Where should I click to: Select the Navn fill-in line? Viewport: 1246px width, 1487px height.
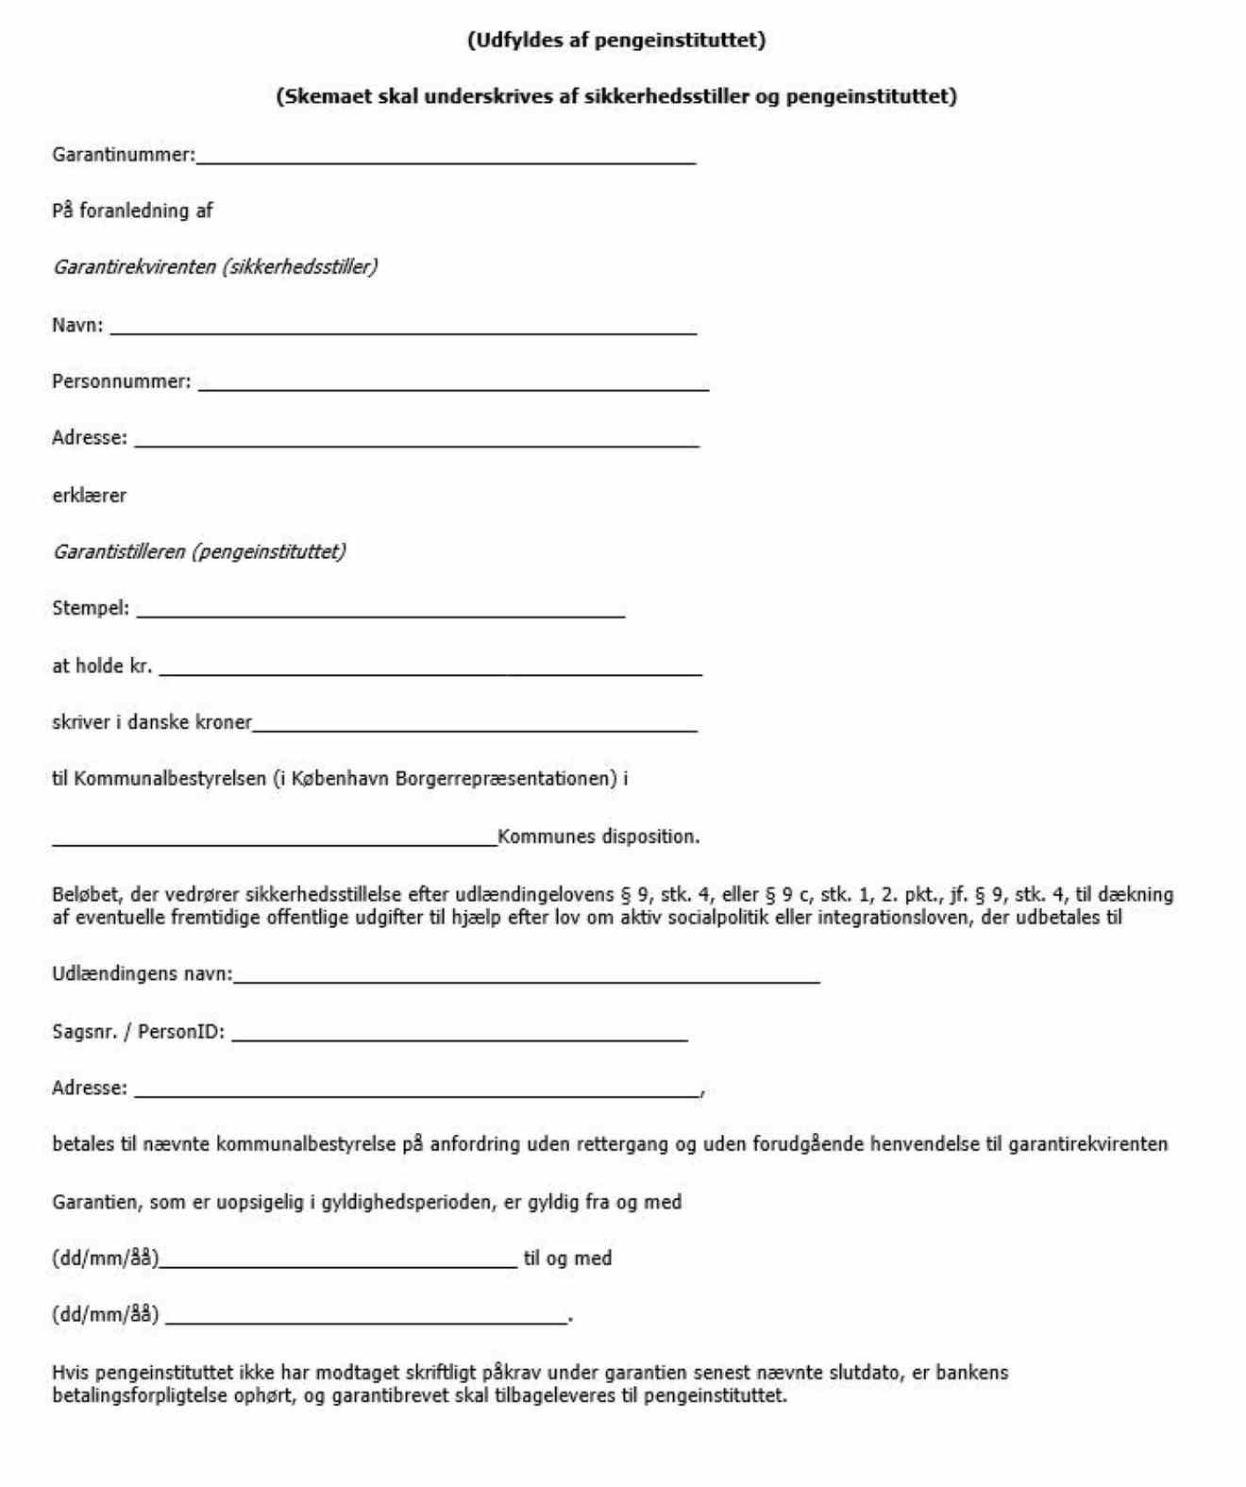[x=403, y=331]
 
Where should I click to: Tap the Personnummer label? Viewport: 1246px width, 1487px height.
[x=121, y=381]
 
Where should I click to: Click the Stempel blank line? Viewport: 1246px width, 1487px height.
[x=380, y=615]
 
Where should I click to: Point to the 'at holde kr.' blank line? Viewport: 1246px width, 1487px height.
[x=430, y=672]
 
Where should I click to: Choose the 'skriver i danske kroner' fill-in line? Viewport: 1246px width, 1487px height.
[x=475, y=729]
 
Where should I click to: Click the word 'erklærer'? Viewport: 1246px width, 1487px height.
[x=89, y=496]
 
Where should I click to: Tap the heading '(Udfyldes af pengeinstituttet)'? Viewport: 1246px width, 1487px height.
[x=616, y=40]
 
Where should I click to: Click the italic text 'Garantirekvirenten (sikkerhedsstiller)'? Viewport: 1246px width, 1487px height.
[x=215, y=267]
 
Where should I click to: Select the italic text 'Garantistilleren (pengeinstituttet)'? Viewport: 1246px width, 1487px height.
[x=199, y=551]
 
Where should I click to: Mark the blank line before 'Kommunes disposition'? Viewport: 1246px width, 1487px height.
[x=274, y=843]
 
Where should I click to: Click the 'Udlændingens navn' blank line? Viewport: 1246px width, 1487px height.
[x=526, y=980]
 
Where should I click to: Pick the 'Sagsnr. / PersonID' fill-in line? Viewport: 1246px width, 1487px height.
[x=460, y=1038]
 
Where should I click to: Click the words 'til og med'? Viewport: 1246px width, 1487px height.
[x=567, y=1259]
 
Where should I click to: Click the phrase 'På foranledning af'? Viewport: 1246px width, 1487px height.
[x=132, y=211]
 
